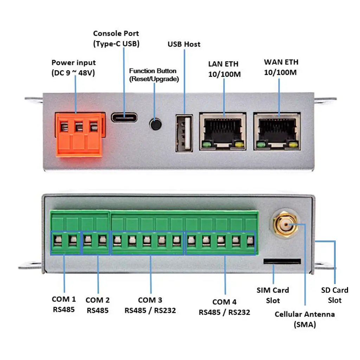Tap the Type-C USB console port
coord(124,117)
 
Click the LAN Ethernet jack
coord(223,131)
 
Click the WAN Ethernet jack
coord(277,131)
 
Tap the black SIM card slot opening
coord(282,261)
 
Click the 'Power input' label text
coord(73,68)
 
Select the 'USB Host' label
coord(184,44)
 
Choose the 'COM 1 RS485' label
coord(64,304)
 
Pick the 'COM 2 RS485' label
coord(98,305)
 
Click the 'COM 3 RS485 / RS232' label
coord(150,305)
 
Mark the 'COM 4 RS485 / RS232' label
coord(224,307)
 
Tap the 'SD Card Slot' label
coord(335,295)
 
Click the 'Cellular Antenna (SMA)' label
coord(304,319)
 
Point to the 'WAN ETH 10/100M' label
coord(281,67)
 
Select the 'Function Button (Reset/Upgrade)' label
coord(154,75)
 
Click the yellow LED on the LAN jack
coord(240,144)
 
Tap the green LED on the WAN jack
coord(261,144)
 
